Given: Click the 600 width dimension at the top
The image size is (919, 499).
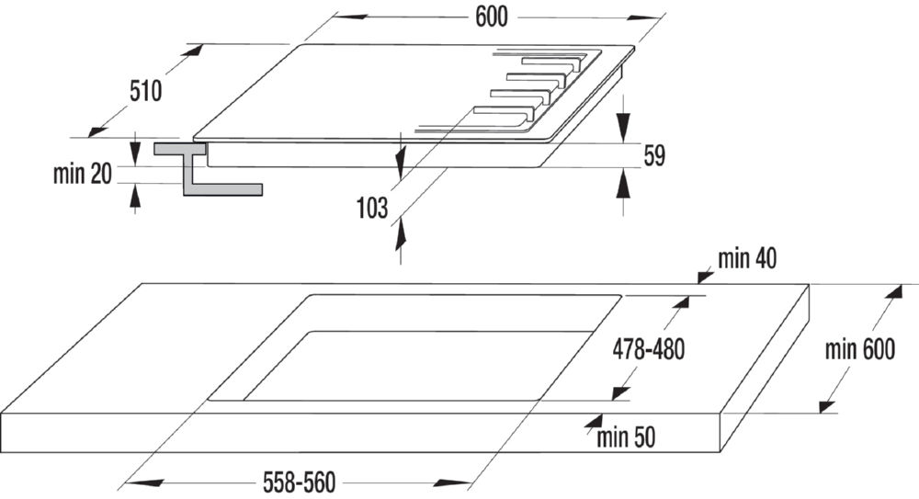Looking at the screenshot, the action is [x=491, y=17].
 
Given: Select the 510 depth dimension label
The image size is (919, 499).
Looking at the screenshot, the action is [x=145, y=91].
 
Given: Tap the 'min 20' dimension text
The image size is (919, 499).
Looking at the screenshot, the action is [x=83, y=174].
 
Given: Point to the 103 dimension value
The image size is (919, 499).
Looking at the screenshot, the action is [x=373, y=208].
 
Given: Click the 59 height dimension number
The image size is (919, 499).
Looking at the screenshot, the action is [x=654, y=155].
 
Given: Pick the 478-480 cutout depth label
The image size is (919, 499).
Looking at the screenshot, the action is [x=649, y=349].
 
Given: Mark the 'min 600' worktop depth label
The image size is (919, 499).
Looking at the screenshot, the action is [x=860, y=349].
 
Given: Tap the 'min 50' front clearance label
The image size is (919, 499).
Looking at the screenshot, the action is [x=626, y=437].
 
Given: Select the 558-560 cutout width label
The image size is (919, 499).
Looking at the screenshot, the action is [x=300, y=482].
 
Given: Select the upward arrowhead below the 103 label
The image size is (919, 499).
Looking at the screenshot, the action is [x=401, y=234].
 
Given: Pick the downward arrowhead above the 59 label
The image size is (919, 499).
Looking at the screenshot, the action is [x=624, y=124].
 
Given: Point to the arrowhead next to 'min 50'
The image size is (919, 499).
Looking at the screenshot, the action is [x=594, y=422].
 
